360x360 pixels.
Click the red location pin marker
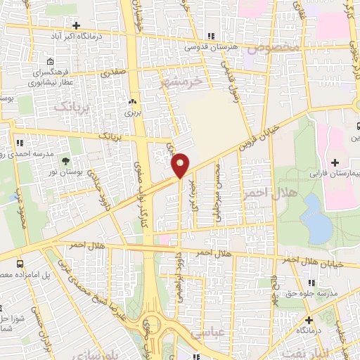tap(180, 165)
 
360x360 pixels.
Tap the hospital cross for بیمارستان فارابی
tap(335, 162)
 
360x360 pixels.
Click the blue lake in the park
tap(317, 219)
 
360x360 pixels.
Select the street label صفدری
tap(114, 72)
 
